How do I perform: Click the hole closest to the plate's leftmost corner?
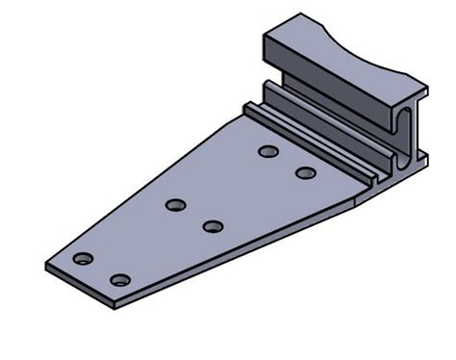click(x=84, y=259)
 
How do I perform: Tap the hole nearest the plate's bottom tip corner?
click(x=120, y=280)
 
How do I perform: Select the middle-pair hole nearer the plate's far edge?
click(x=175, y=205)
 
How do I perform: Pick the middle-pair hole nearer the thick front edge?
click(x=213, y=227)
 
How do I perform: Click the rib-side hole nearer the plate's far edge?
click(x=268, y=151)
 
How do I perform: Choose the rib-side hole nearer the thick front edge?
click(x=306, y=173)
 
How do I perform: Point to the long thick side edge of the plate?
click(x=241, y=255)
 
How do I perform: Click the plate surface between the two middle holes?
click(x=194, y=217)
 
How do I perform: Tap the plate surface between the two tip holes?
click(x=102, y=270)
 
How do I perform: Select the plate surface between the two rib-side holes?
click(x=288, y=163)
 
